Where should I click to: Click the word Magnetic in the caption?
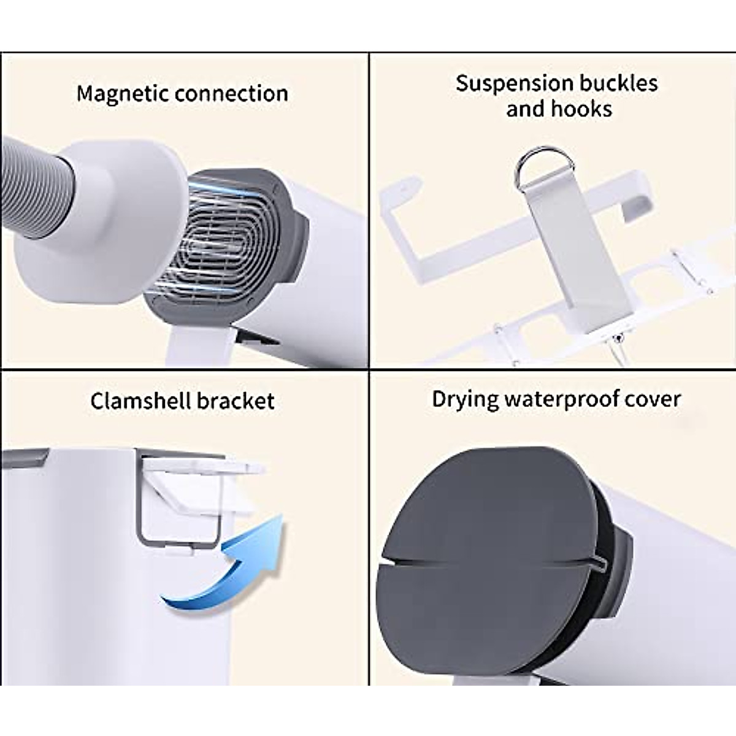coord(123,93)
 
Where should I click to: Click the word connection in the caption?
coord(231,93)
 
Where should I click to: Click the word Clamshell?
coord(140,401)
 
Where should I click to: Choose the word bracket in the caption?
coord(236,401)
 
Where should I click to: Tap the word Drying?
coord(465,399)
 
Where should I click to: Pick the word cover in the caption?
coord(653,399)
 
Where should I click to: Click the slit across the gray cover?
coord(491,559)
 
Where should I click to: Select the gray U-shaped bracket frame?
coord(178,540)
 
